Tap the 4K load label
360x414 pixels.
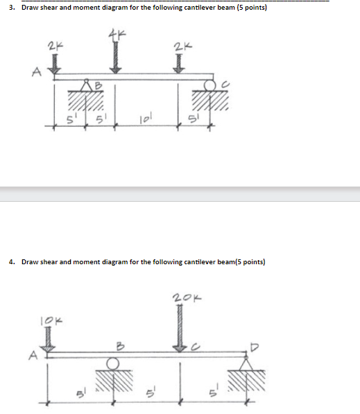tap(116, 35)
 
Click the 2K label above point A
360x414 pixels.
tap(53, 48)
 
